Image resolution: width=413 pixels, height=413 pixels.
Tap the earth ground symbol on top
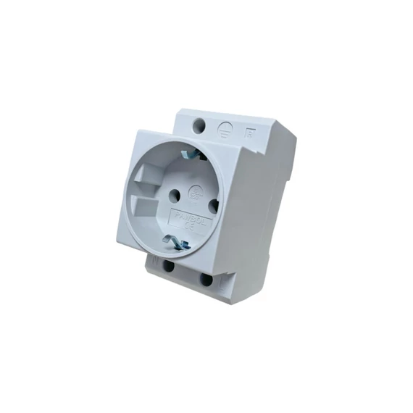click(225, 130)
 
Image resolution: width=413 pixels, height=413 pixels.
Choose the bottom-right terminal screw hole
click(206, 278)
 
